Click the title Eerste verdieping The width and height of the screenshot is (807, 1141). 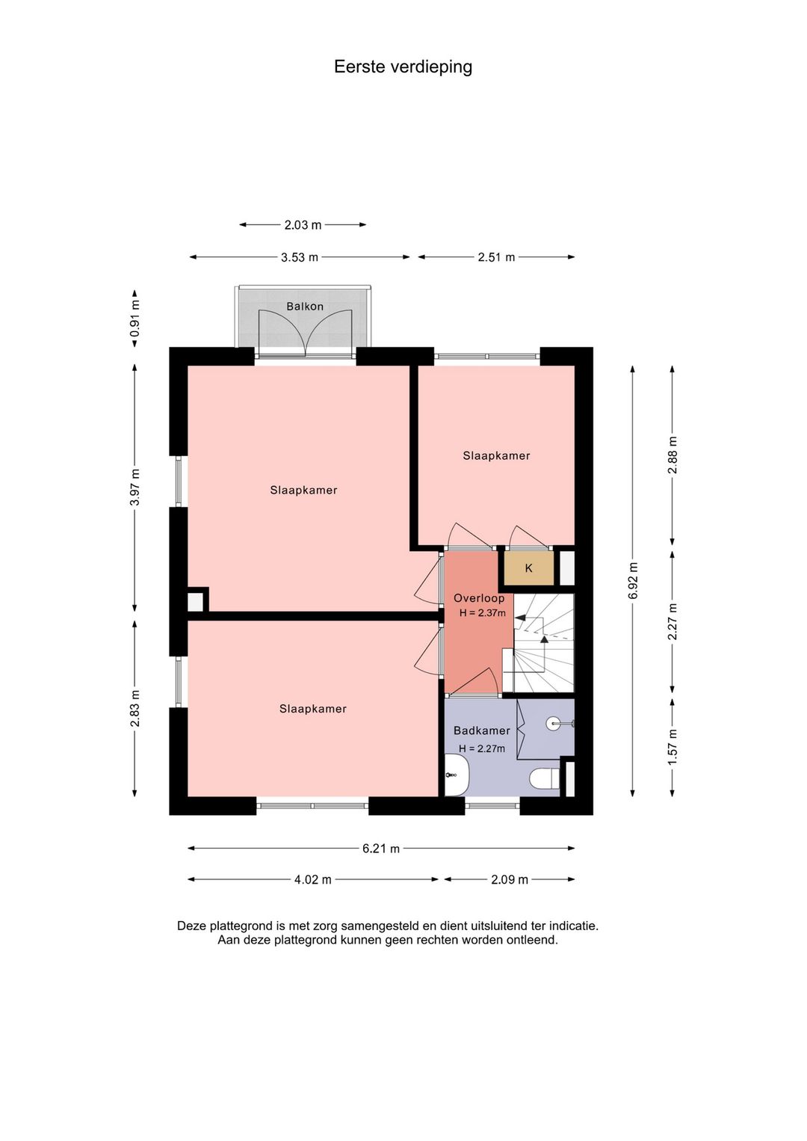pyautogui.click(x=403, y=67)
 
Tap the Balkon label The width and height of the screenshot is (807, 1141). pyautogui.click(x=305, y=306)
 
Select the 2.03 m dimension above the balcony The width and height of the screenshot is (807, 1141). pyautogui.click(x=303, y=224)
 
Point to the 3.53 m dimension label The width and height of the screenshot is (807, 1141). pyautogui.click(x=300, y=257)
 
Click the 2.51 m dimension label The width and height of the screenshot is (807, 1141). pyautogui.click(x=496, y=257)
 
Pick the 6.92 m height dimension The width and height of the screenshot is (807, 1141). pyautogui.click(x=633, y=581)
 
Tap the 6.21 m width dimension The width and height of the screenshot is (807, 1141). pyautogui.click(x=381, y=849)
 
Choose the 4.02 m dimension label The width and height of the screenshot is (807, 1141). pyautogui.click(x=312, y=880)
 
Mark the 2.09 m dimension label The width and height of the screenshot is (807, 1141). pyautogui.click(x=510, y=880)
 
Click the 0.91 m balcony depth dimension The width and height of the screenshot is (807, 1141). pyautogui.click(x=135, y=319)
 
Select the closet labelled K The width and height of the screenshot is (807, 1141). pyautogui.click(x=529, y=568)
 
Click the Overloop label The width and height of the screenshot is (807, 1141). pyautogui.click(x=479, y=598)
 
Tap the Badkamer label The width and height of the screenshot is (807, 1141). pyautogui.click(x=482, y=731)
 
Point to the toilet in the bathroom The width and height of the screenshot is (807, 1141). pyautogui.click(x=544, y=779)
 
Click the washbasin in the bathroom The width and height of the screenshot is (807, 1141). pyautogui.click(x=457, y=775)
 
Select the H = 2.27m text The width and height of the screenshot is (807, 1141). pyautogui.click(x=482, y=748)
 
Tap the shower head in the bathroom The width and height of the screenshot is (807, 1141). pyautogui.click(x=554, y=722)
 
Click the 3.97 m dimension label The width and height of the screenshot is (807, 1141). pyautogui.click(x=135, y=488)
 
